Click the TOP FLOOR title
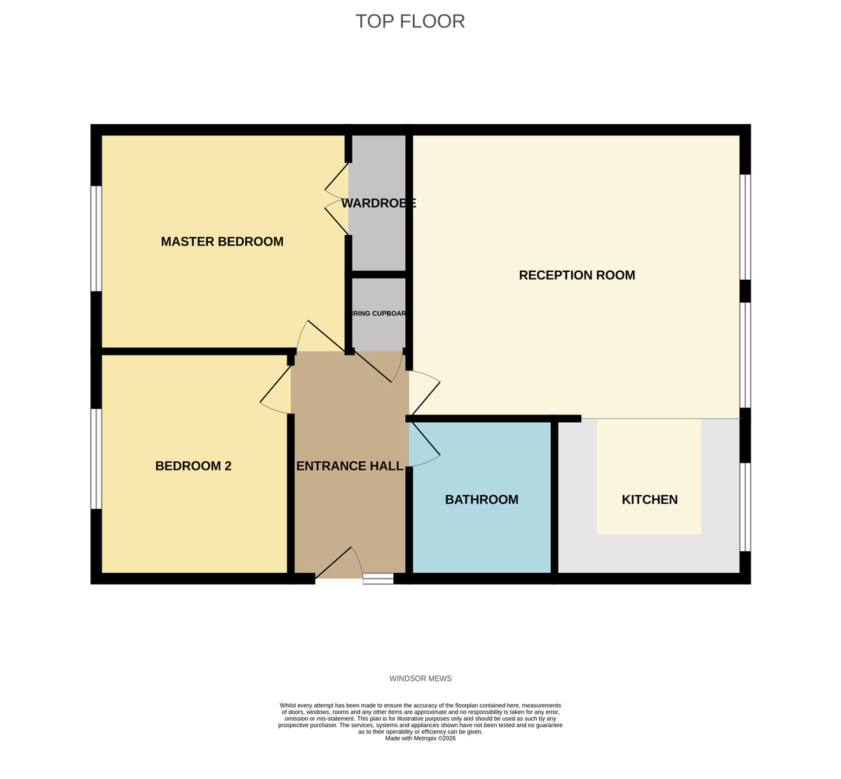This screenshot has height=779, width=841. click(410, 21)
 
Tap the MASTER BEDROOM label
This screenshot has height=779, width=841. click(222, 242)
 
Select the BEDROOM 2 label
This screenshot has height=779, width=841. click(193, 466)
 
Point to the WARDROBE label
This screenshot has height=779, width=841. click(378, 203)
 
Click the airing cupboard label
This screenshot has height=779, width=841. click(378, 313)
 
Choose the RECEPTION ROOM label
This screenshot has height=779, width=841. click(577, 276)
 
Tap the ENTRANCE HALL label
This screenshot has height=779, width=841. click(350, 466)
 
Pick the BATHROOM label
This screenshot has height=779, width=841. click(481, 500)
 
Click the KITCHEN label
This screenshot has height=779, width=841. click(650, 500)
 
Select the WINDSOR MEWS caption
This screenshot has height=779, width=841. click(420, 679)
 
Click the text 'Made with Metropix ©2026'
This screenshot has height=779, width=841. click(420, 738)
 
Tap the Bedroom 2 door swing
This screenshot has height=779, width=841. click(276, 393)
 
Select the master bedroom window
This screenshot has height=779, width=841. click(97, 238)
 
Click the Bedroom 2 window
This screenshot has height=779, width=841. click(97, 459)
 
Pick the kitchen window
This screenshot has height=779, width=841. click(746, 506)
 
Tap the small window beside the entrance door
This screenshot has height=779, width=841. click(378, 578)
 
